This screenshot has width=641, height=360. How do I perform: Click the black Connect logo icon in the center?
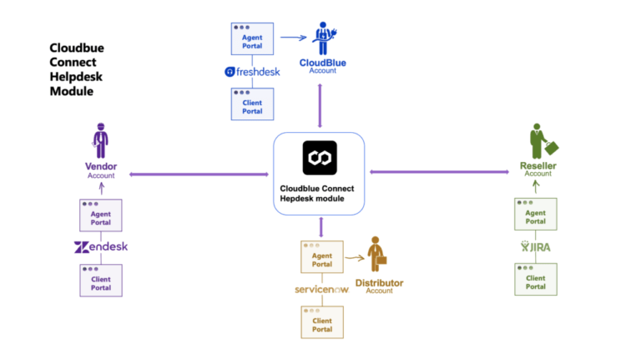point(320,158)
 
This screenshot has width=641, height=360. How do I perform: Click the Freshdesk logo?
point(253,72)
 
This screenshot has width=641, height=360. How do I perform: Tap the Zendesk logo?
point(101,247)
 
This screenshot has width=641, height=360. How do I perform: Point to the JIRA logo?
point(535,247)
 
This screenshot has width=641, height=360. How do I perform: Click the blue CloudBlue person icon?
point(322,38)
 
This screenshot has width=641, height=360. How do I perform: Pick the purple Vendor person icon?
point(100,139)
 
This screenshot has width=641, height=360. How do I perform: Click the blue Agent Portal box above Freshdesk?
point(252,38)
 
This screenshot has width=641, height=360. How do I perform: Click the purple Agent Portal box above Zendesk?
point(101,214)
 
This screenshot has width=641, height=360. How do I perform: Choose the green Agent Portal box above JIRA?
point(535,214)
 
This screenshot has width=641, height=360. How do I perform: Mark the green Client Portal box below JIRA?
point(535,280)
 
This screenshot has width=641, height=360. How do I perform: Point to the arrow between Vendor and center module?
point(199,174)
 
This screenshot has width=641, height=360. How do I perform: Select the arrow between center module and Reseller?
point(439,172)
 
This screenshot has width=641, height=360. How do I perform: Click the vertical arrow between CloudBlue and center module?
point(320,106)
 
